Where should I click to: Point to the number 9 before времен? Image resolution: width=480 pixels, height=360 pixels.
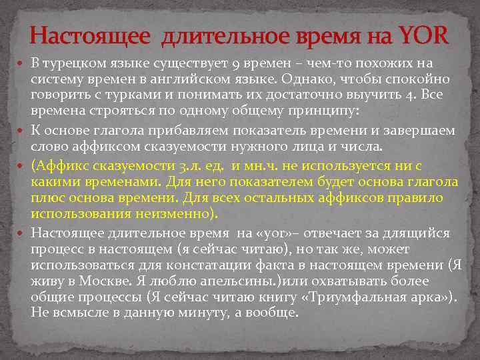point(237,64)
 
